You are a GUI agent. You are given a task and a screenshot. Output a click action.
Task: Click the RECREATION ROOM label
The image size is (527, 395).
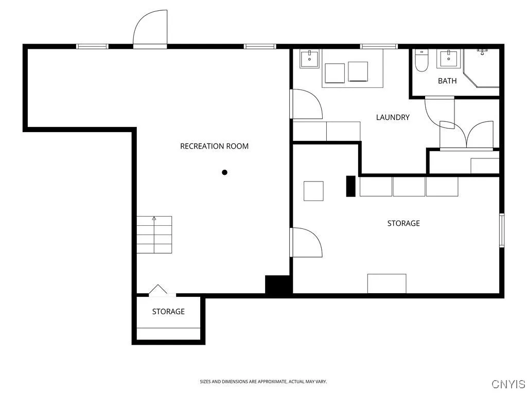tap(214, 146)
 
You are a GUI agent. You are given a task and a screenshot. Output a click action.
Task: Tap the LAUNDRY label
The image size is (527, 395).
tap(393, 117)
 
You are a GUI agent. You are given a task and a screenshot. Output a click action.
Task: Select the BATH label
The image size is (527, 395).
tap(447, 81)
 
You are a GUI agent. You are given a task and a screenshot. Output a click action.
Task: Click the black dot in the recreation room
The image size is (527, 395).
tap(224, 172)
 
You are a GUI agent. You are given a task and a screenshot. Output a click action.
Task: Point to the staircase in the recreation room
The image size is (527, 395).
tap(154, 235)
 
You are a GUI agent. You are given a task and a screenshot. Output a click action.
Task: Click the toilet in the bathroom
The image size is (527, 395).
tap(421, 61)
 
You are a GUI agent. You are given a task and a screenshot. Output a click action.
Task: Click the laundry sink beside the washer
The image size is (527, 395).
tap(309, 59)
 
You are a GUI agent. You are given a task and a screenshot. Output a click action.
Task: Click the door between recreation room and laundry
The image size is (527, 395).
tap(306, 104)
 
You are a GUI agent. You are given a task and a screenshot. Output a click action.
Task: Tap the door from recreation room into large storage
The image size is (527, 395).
tap(306, 242)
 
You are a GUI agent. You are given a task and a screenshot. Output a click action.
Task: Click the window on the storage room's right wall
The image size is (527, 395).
tap(502, 230)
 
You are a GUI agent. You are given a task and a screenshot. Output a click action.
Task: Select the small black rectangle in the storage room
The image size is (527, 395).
tap(350, 186)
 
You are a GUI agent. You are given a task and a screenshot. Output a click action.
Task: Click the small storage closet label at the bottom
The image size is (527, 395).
tap(168, 312)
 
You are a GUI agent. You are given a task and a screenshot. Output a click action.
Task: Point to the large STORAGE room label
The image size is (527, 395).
tap(403, 223)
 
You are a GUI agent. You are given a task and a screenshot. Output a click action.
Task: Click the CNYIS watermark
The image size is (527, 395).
tap(508, 384)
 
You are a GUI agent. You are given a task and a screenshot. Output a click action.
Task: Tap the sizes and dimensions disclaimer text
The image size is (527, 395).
tap(263, 382)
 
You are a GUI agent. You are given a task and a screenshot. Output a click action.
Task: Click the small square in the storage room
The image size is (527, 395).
tap(313, 191)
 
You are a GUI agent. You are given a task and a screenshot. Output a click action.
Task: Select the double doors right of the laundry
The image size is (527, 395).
tap(467, 135)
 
